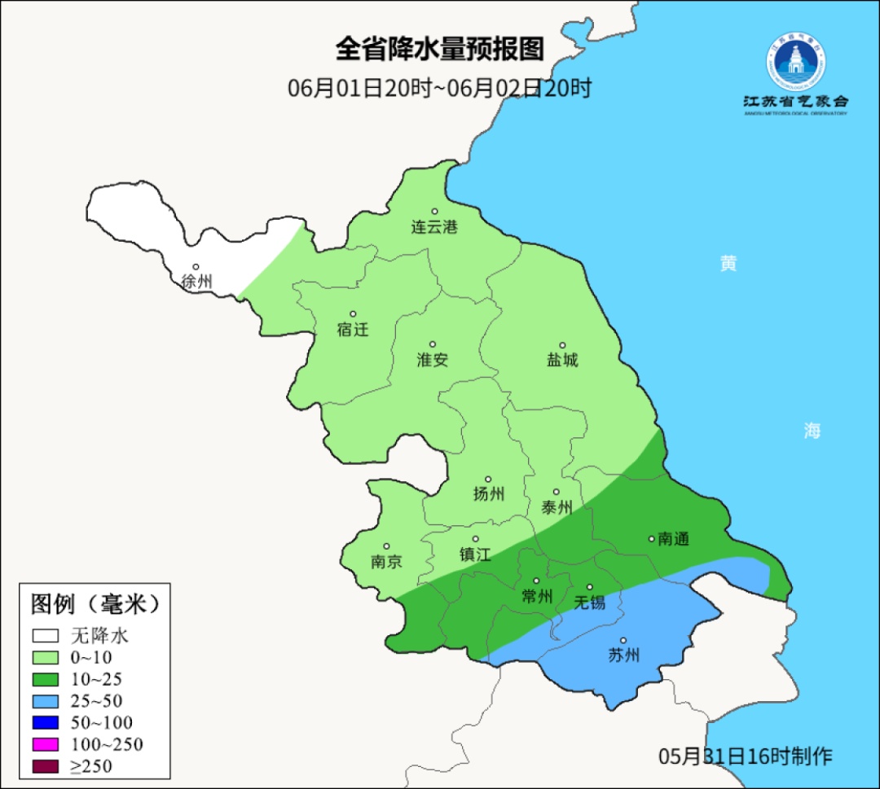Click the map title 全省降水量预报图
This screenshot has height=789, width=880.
(439, 50)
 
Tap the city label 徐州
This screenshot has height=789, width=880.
(196, 282)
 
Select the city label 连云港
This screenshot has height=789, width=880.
(434, 227)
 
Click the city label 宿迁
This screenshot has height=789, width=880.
(353, 330)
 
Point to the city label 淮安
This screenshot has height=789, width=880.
(433, 359)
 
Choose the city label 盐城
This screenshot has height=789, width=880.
(561, 359)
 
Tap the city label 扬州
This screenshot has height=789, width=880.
(488, 493)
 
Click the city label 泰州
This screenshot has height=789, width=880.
(557, 507)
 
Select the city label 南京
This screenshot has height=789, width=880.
(386, 562)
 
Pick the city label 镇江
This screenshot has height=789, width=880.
(475, 554)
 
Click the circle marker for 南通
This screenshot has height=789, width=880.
(651, 538)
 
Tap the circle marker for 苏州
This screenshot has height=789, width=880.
(623, 641)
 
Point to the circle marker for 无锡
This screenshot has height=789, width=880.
(590, 587)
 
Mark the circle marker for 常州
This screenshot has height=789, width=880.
(536, 581)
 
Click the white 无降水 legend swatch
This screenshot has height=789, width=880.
(46, 636)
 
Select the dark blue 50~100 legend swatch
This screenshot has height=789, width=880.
(46, 722)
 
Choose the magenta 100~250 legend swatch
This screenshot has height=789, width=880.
(46, 744)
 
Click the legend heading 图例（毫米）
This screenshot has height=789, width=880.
(95, 604)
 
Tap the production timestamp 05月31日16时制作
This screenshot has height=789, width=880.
(745, 756)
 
